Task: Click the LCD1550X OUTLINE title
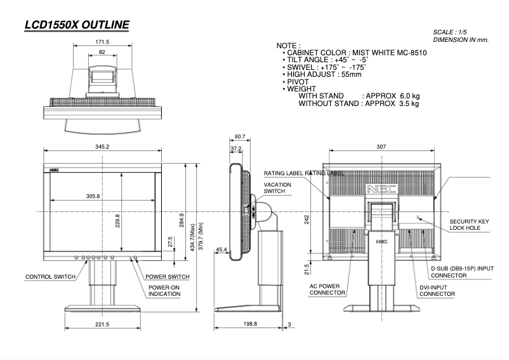[x=76, y=25]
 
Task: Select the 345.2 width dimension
[x=102, y=147]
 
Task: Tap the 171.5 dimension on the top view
[x=102, y=43]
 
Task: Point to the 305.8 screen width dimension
[x=93, y=196]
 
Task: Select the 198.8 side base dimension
[x=251, y=324]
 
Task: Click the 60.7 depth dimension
[x=239, y=137]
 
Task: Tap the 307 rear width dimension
[x=381, y=146]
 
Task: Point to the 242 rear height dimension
[x=307, y=218]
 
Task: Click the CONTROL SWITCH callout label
[x=50, y=277]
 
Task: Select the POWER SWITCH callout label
[x=168, y=277]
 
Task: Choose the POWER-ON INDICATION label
[x=164, y=291]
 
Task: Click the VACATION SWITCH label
[x=277, y=188]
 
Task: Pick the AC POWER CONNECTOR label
[x=327, y=290]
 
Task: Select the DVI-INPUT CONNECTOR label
[x=437, y=291]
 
